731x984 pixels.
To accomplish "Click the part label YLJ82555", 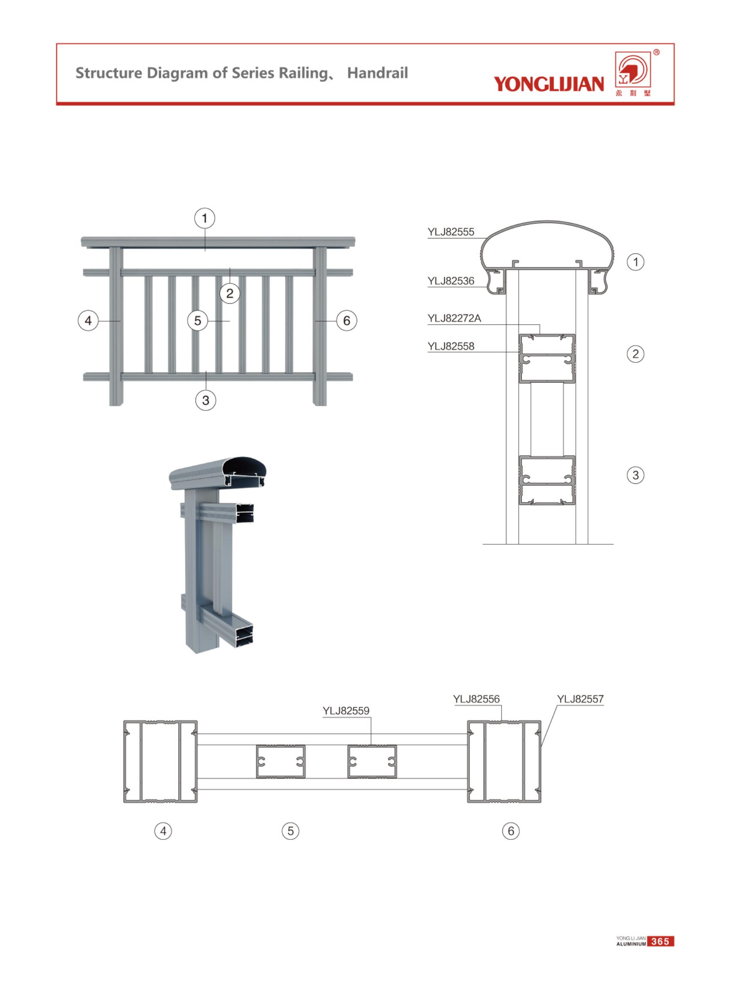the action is click(451, 232).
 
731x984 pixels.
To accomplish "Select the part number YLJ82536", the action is click(451, 281).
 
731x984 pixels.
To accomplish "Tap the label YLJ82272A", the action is click(454, 318).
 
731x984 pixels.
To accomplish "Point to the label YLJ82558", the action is click(451, 346).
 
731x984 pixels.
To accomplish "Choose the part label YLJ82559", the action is click(346, 710).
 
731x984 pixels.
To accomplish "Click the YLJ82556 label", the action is click(476, 699).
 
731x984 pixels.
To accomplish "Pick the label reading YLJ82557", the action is click(580, 699).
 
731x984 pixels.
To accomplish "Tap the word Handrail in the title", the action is click(377, 72).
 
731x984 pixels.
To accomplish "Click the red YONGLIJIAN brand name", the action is click(549, 84).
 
